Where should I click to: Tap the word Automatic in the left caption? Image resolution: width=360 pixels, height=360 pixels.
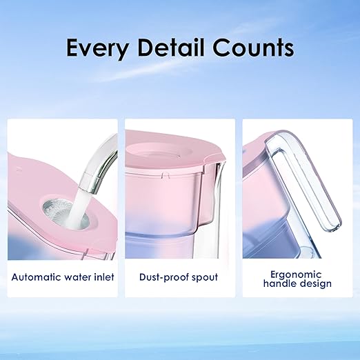coord(39,277)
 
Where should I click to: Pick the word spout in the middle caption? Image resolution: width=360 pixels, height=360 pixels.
coord(205,277)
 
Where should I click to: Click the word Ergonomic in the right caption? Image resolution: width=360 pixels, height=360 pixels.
coord(297,273)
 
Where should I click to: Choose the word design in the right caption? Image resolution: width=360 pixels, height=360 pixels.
coord(316,283)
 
